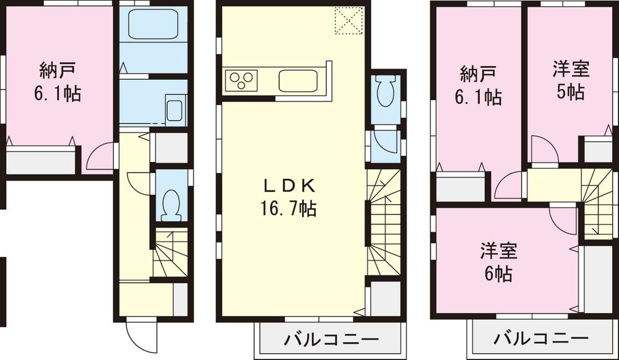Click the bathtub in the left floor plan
tap(152, 24)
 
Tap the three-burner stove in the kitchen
tap(241, 81)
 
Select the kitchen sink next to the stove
tap(298, 81)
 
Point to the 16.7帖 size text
tap(290, 209)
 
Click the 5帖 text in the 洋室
tap(571, 92)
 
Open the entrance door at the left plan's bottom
tap(139, 337)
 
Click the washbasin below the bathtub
tap(175, 110)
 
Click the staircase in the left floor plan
tap(170, 254)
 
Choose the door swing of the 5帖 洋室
tap(543, 150)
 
